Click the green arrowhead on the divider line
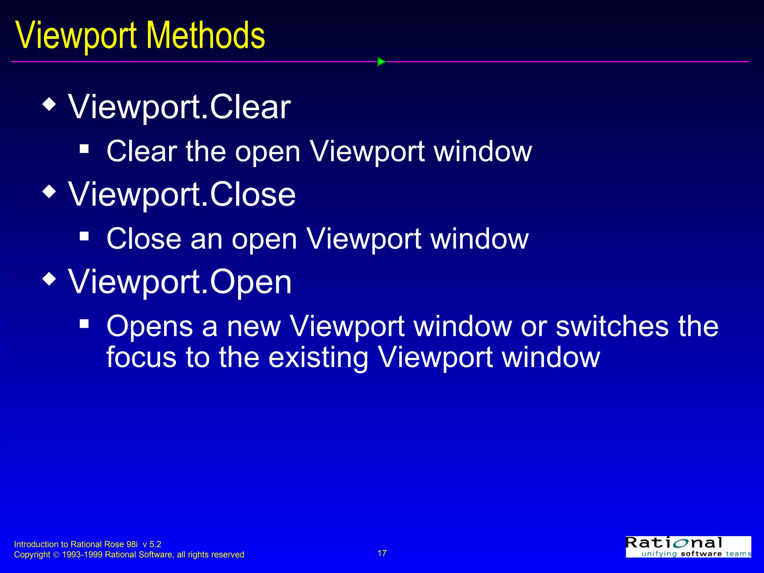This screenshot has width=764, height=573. pos(381,62)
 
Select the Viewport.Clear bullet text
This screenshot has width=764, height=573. pos(179,107)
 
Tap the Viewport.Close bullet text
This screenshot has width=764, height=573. pos(182,194)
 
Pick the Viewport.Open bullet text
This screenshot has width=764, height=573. pos(180,282)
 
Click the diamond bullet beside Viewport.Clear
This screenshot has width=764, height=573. pos(49,104)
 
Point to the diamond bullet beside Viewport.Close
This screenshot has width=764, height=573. pos(49,192)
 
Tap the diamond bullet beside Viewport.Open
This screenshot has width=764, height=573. pos(49,279)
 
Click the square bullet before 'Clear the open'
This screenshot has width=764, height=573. pos(84,149)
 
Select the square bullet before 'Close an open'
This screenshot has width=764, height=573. pos(84,236)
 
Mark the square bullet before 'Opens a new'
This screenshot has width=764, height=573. pos(84,323)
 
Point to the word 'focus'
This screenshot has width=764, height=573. pos(141,357)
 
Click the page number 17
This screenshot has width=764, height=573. pos(382,553)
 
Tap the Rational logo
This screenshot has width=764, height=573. pos(688,547)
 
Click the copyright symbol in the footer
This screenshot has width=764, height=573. pos(56,555)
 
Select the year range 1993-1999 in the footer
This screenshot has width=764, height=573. pos(82,555)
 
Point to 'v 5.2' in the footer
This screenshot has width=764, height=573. pos(152,544)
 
